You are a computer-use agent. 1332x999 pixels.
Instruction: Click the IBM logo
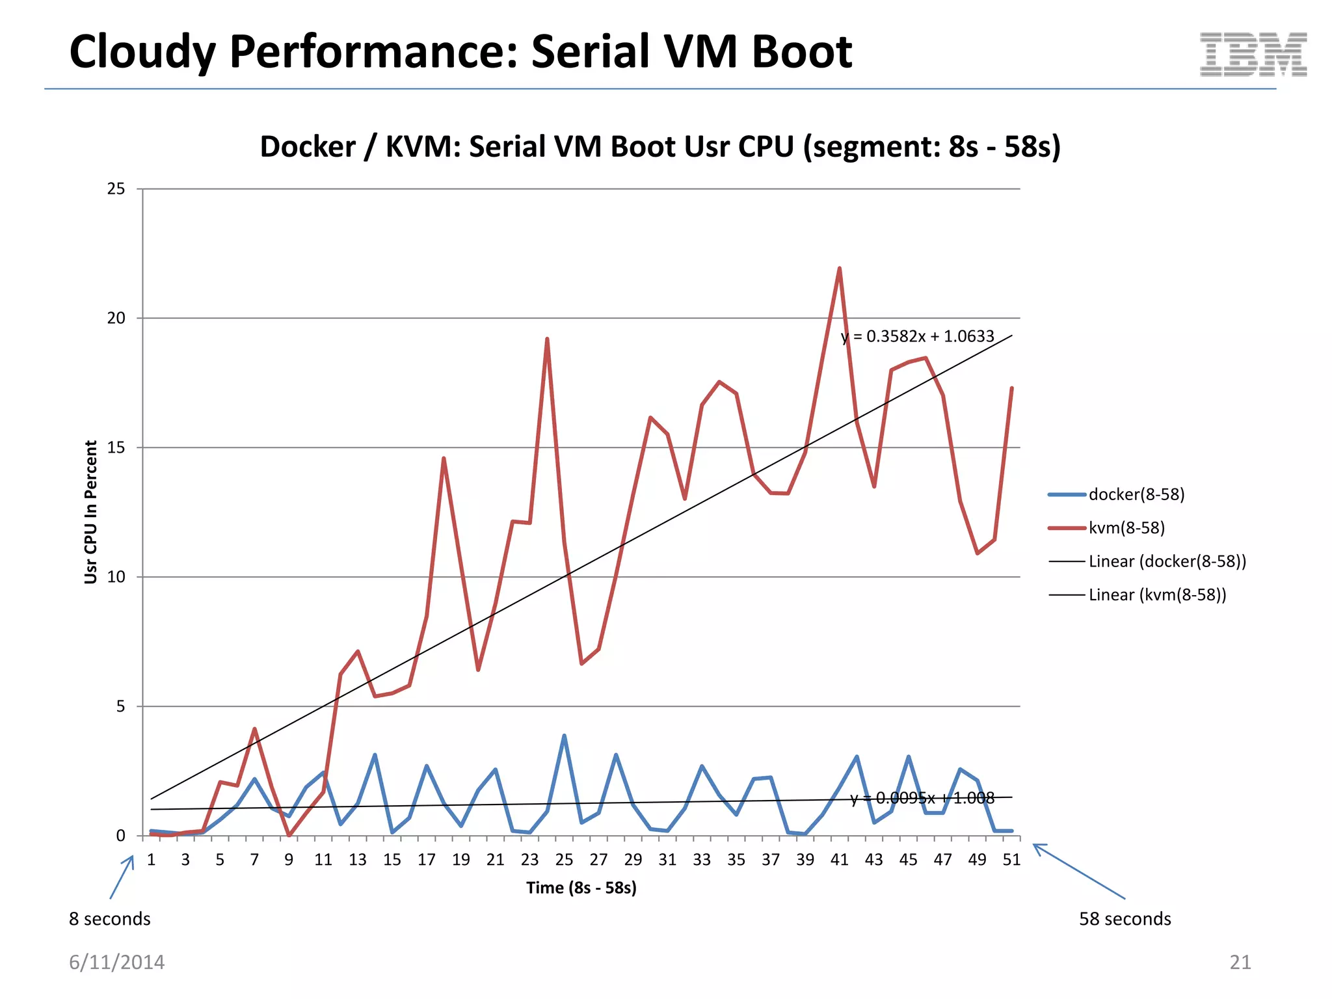1253,54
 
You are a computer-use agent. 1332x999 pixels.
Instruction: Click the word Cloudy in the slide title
142,52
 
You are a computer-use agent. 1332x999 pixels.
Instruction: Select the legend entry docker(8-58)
1136,494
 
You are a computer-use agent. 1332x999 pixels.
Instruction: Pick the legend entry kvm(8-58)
1126,527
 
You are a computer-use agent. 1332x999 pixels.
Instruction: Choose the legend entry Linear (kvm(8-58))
1157,594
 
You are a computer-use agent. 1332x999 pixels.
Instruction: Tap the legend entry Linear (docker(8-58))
1167,561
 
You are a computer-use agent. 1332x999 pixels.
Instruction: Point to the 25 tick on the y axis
116,189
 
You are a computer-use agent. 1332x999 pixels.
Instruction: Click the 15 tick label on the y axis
116,447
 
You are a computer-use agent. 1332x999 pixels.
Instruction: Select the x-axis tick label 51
1011,860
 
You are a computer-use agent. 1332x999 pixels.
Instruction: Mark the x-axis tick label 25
564,860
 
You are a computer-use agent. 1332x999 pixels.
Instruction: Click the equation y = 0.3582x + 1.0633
917,336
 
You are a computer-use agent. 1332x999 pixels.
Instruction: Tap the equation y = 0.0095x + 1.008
922,798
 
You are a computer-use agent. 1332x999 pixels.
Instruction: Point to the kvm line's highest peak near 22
839,269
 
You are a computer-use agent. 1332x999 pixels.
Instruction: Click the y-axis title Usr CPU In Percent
90,512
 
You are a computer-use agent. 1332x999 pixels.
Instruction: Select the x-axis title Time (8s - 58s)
581,888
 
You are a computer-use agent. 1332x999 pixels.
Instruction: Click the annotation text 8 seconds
109,919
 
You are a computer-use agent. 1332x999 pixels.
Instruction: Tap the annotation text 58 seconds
1125,919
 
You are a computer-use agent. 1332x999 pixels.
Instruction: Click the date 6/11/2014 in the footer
116,962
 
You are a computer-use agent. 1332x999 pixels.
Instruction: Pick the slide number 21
1240,962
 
